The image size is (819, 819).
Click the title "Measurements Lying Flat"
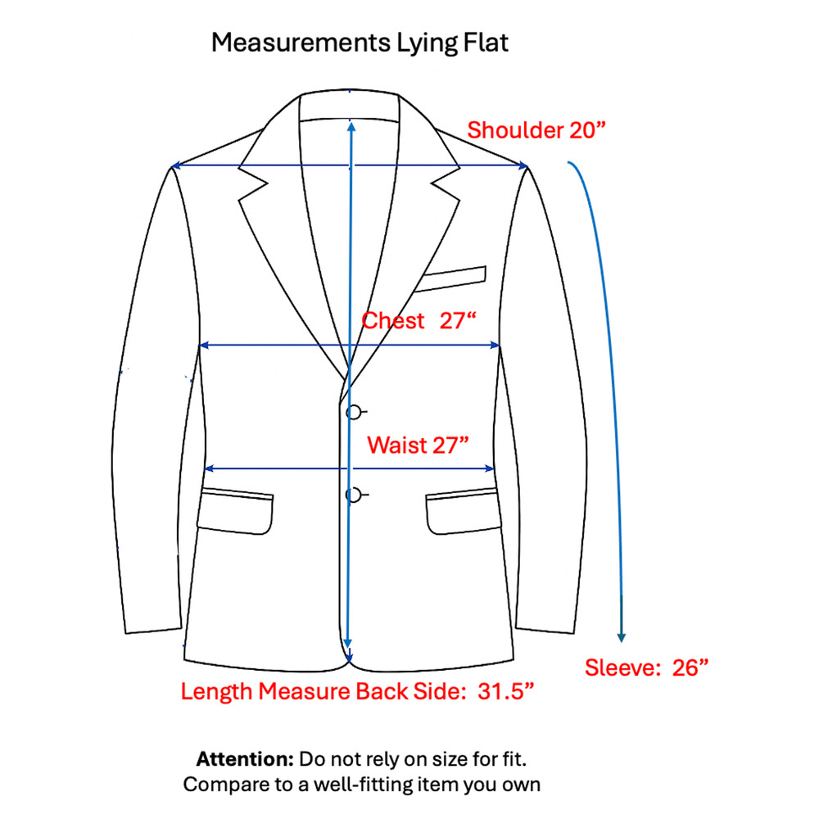click(x=360, y=43)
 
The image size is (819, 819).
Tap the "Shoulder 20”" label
click(x=536, y=130)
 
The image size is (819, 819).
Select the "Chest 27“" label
click(x=419, y=321)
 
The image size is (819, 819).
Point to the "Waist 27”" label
click(x=418, y=445)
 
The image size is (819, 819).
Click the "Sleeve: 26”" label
click(x=647, y=667)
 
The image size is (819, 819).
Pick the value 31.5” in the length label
click(x=505, y=691)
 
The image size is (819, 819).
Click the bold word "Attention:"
click(x=245, y=759)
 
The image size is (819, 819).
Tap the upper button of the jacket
click(x=354, y=413)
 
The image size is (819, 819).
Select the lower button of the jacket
click(x=354, y=495)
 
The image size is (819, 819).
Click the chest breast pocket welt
click(x=450, y=278)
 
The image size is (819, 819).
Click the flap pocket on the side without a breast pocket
click(x=235, y=511)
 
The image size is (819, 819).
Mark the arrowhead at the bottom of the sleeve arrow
click(x=621, y=637)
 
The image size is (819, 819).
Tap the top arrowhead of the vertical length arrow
click(x=351, y=126)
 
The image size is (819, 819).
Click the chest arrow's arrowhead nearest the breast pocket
click(x=495, y=346)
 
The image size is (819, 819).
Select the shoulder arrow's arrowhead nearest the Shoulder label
click(x=523, y=166)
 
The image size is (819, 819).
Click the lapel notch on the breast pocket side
click(x=444, y=183)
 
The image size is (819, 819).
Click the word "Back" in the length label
click(x=382, y=691)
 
